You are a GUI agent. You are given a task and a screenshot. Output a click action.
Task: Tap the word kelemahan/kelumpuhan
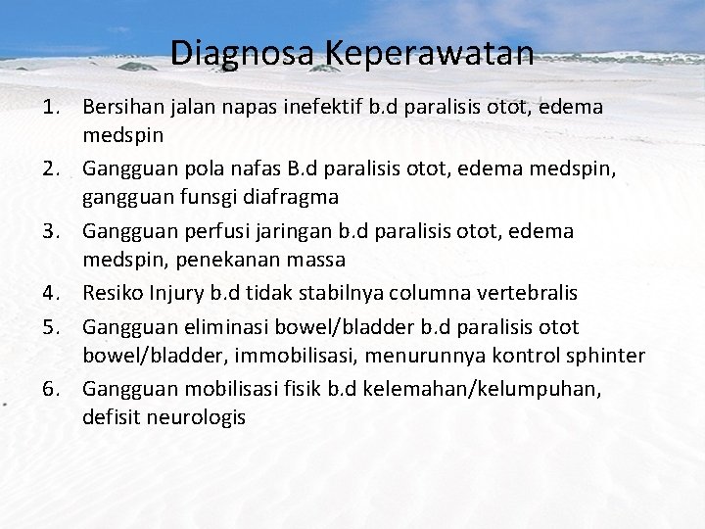[484, 390]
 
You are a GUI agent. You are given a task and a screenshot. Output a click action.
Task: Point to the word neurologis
[195, 417]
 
